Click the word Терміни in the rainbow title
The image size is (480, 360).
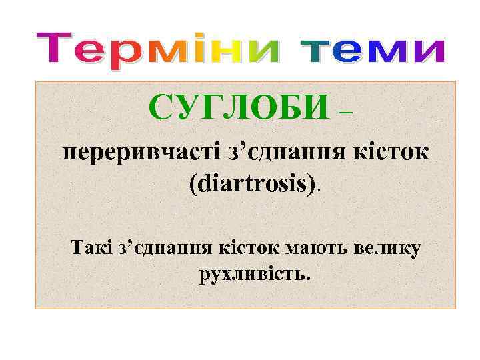pos(157,50)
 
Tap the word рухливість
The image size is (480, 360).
pos(254,274)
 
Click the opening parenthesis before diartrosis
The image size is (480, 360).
pos(193,184)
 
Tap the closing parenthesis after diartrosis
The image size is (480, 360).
pos(314,184)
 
